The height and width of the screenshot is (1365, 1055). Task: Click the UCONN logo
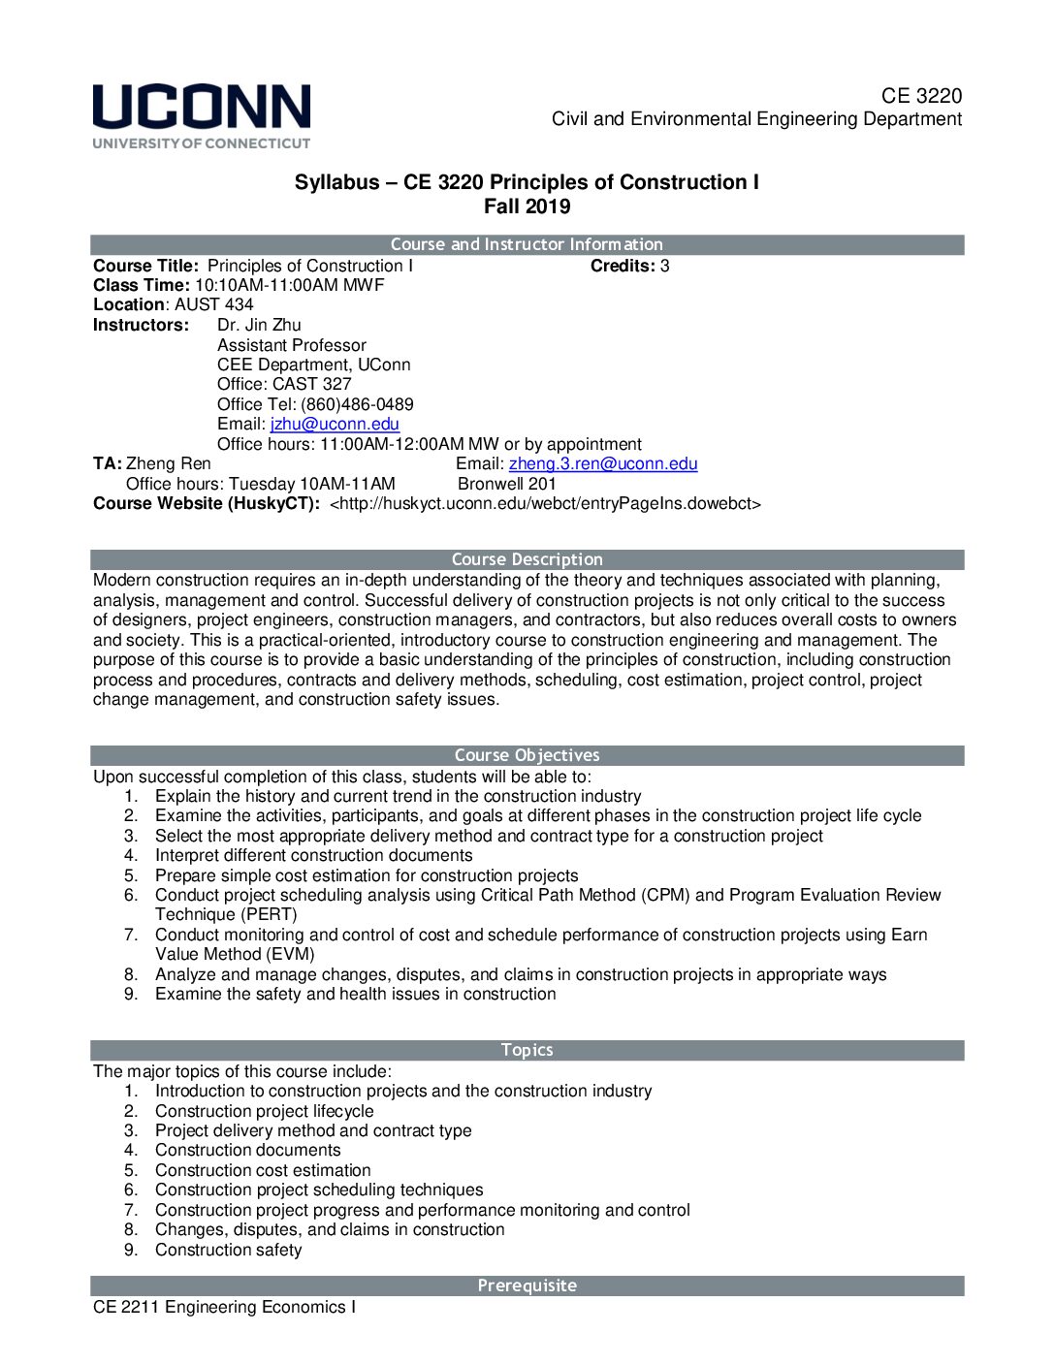pos(202,115)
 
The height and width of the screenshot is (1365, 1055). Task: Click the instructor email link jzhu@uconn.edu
pos(335,424)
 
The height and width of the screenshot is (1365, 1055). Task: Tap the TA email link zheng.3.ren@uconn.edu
pos(603,463)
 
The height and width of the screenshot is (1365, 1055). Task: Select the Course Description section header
pos(527,559)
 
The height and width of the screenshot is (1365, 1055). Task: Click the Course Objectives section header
pos(527,755)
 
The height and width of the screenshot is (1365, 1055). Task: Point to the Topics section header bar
pos(527,1050)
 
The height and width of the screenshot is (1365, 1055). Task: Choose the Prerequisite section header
pos(527,1286)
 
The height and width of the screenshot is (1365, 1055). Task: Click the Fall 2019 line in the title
pos(527,206)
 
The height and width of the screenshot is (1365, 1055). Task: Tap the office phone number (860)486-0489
pos(357,404)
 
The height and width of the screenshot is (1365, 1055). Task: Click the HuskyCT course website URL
pos(545,503)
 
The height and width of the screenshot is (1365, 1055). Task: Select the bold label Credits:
pos(623,266)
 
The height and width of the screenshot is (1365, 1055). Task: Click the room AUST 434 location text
pos(213,304)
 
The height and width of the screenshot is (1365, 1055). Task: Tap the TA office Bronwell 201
pos(507,484)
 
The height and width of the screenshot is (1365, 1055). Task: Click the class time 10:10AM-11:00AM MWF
pos(289,285)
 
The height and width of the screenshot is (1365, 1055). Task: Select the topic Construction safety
pos(228,1250)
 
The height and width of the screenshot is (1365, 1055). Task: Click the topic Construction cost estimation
pos(263,1170)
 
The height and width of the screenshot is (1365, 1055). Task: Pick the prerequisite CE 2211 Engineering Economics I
pos(224,1307)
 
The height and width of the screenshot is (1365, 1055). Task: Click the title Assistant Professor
pos(292,345)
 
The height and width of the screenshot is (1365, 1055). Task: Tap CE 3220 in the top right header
pos(921,95)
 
